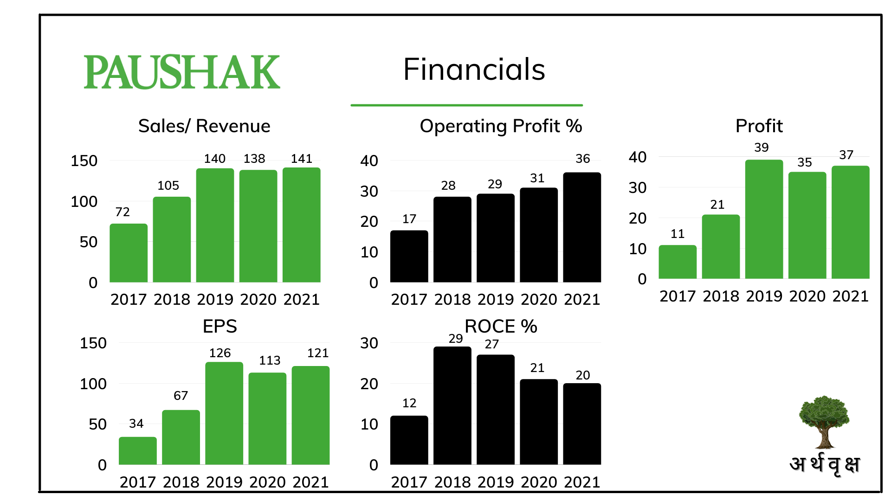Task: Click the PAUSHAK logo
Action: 182,72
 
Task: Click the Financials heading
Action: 474,70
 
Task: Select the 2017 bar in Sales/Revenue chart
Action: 129,253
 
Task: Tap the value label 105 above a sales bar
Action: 168,186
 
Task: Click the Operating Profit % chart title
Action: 501,126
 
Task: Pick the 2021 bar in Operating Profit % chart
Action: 582,227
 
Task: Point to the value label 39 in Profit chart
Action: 761,148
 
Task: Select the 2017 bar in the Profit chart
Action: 678,262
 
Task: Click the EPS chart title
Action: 220,327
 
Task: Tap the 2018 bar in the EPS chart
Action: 181,437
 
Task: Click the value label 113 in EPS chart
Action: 270,360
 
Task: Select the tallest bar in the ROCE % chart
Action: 452,406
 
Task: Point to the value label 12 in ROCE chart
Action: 409,403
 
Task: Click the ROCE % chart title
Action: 501,327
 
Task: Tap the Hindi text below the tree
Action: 825,464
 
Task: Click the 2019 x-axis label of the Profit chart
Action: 764,296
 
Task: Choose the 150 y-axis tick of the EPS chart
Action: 93,343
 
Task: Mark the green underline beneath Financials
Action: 466,105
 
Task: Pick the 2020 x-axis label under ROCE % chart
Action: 539,482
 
